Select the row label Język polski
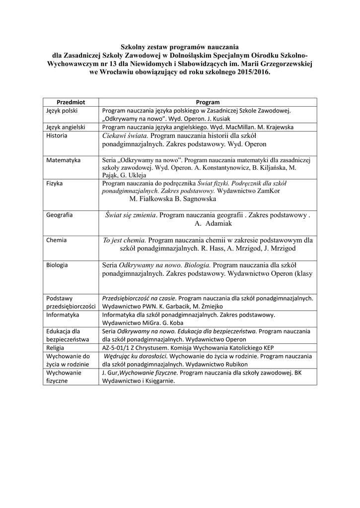click(62, 111)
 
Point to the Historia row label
click(57, 135)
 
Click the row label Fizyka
click(55, 183)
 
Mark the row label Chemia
click(56, 240)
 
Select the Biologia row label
click(57, 265)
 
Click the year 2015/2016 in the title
click(248, 71)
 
